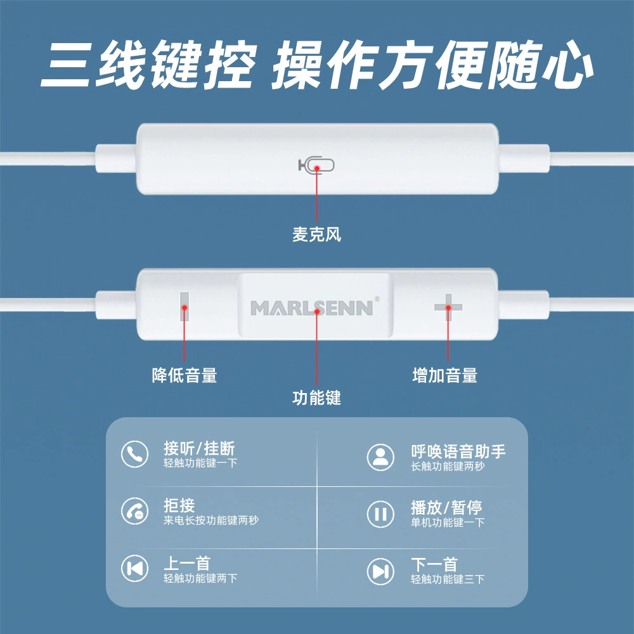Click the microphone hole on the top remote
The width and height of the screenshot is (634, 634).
[316, 165]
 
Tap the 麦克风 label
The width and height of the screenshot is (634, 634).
[316, 235]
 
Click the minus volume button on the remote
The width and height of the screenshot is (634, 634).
[184, 306]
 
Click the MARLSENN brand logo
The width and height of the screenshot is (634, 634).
[312, 308]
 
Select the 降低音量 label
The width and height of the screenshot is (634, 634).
[184, 375]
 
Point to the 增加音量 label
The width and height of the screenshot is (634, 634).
[445, 375]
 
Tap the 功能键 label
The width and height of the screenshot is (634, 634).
[316, 398]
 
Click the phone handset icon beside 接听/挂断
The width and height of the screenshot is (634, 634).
[134, 454]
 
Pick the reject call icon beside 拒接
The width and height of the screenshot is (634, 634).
[134, 511]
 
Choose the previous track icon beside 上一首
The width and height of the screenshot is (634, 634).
[134, 568]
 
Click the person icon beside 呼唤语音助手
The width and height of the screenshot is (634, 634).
[380, 457]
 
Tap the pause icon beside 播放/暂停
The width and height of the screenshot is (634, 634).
[380, 514]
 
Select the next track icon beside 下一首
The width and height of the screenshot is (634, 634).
[380, 571]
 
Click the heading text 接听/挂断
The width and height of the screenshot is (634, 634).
[199, 448]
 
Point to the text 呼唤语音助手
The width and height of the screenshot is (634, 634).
[458, 451]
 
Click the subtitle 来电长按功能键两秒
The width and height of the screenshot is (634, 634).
[210, 520]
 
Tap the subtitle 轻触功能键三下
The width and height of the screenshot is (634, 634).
[448, 579]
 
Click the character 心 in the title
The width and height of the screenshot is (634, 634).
[567, 65]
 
